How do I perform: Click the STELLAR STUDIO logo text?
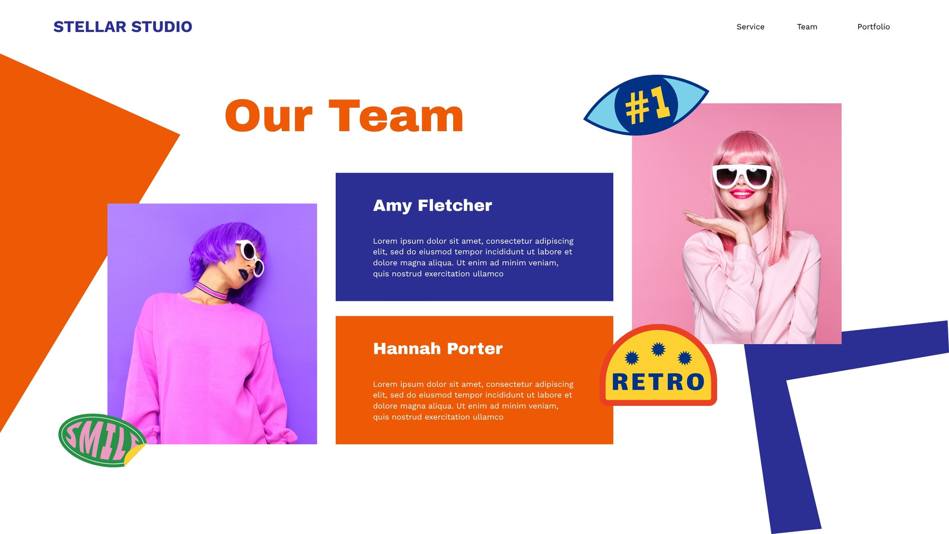[x=122, y=27]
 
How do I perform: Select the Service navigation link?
[x=750, y=27]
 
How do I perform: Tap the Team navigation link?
[x=807, y=27]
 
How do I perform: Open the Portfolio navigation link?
[x=874, y=27]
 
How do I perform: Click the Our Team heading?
[x=344, y=116]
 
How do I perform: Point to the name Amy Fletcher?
[x=432, y=205]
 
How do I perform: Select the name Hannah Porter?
[x=438, y=349]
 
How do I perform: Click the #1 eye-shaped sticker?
[x=646, y=105]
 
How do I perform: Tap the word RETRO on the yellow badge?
[x=658, y=382]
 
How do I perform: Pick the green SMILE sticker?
[x=101, y=440]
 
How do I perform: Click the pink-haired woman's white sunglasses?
[x=742, y=176]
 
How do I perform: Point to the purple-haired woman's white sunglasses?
[x=251, y=258]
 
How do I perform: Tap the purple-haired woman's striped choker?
[x=211, y=291]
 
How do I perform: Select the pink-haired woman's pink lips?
[x=742, y=194]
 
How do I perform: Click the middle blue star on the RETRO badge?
[x=658, y=349]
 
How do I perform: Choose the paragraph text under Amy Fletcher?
[x=473, y=258]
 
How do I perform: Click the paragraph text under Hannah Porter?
[x=473, y=401]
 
